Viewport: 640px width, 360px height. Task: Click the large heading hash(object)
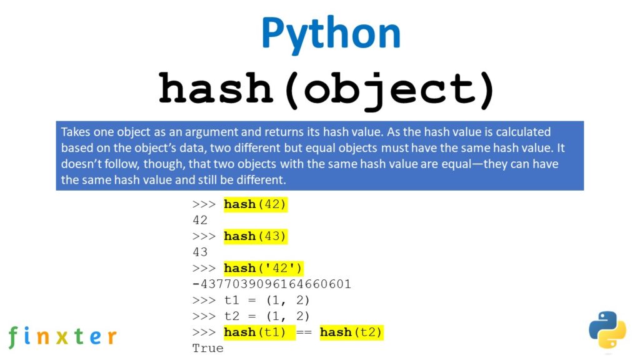click(326, 89)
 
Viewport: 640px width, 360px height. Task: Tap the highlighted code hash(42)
click(256, 204)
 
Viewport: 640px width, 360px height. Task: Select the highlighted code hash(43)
click(256, 236)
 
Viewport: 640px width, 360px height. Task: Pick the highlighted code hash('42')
click(263, 268)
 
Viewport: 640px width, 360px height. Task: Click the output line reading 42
click(200, 220)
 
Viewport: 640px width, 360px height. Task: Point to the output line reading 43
click(200, 252)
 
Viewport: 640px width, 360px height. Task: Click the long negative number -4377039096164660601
click(272, 284)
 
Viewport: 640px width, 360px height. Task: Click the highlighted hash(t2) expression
click(351, 332)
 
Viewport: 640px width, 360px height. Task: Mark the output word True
click(207, 348)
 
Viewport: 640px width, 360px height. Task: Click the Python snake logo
click(607, 329)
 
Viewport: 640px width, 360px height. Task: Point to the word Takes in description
click(76, 132)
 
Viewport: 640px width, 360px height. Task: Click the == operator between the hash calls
click(303, 332)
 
